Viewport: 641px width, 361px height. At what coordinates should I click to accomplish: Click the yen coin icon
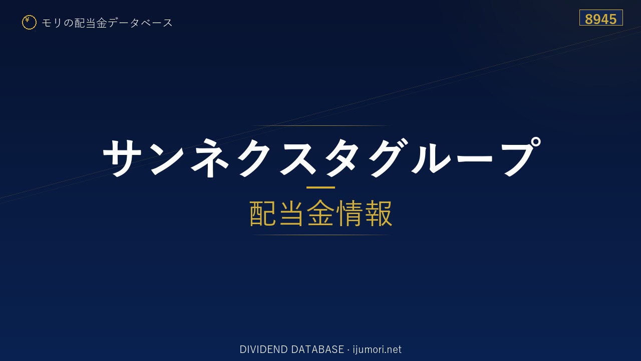tap(29, 23)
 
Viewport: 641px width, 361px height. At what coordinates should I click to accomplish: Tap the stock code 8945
tap(600, 19)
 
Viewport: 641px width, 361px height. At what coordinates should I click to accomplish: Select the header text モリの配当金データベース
tap(107, 23)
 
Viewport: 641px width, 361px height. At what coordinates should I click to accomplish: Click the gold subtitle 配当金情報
tap(320, 214)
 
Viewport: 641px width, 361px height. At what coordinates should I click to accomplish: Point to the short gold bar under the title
tap(320, 188)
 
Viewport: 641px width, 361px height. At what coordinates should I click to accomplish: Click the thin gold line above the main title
tap(320, 125)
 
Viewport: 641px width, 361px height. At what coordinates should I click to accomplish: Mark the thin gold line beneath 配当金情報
tap(320, 235)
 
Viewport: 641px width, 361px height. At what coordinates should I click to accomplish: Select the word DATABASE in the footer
tap(317, 349)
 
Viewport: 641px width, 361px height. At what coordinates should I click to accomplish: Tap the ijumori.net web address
tap(377, 349)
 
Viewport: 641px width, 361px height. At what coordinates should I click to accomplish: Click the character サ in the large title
tap(123, 157)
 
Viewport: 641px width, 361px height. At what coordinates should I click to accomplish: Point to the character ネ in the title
tap(210, 157)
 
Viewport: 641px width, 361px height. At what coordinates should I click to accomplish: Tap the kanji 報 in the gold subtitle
tap(378, 214)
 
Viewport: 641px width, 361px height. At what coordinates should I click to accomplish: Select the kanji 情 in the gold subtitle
tap(349, 214)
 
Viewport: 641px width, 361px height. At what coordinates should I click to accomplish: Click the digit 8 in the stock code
tap(588, 19)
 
